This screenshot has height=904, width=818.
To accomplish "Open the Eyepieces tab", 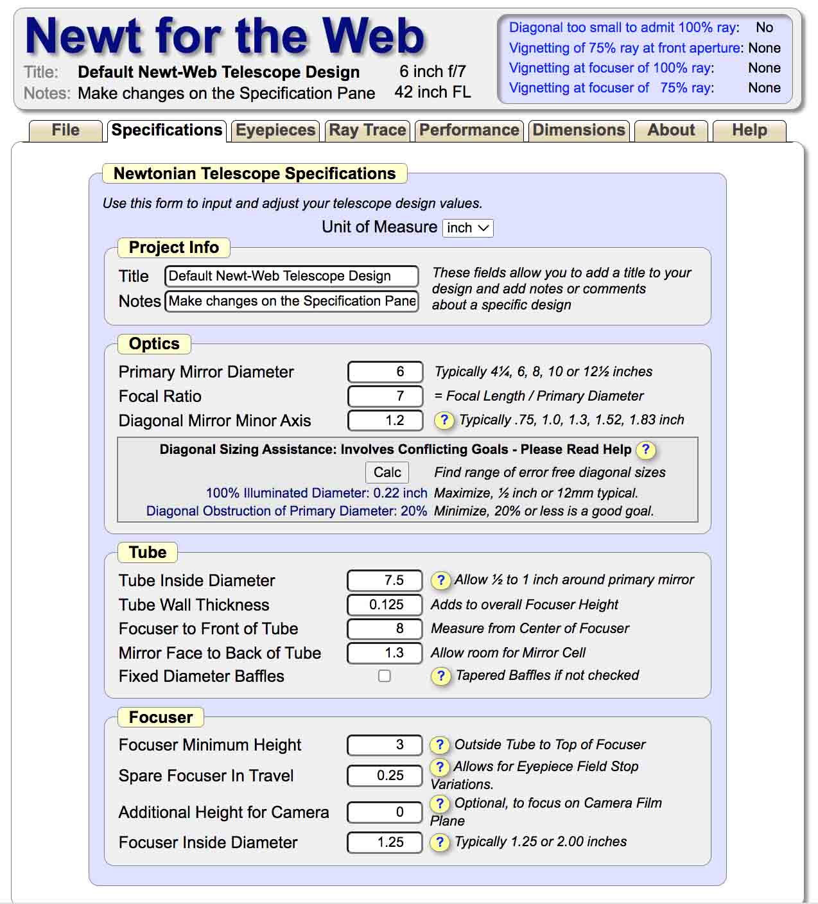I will click(275, 130).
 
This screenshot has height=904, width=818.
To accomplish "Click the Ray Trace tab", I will click(367, 130).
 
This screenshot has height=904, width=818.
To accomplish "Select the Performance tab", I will click(469, 130).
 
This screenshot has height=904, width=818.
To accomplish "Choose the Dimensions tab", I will click(579, 130).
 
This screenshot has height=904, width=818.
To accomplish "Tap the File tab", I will click(65, 130).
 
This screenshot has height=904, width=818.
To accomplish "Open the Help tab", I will click(749, 130).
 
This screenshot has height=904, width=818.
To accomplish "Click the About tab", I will click(671, 130).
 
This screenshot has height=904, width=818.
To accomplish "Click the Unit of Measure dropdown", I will click(468, 228).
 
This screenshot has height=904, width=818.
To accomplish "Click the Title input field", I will click(292, 276).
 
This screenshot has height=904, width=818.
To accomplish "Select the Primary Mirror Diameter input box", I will click(385, 372).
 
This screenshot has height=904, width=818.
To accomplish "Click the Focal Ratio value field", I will click(385, 396).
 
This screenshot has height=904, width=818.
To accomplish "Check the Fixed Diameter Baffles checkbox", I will click(385, 676).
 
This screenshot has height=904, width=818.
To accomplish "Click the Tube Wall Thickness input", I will click(385, 605).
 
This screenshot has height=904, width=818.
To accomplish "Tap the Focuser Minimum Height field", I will click(385, 745).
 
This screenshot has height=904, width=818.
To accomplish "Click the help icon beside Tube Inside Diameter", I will click(440, 580).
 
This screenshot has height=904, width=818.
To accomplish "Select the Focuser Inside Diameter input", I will click(385, 842).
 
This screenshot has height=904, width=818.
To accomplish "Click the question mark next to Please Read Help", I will click(645, 450).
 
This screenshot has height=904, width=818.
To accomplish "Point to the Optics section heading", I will click(154, 344).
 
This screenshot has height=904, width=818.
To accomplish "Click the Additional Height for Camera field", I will click(385, 812).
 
